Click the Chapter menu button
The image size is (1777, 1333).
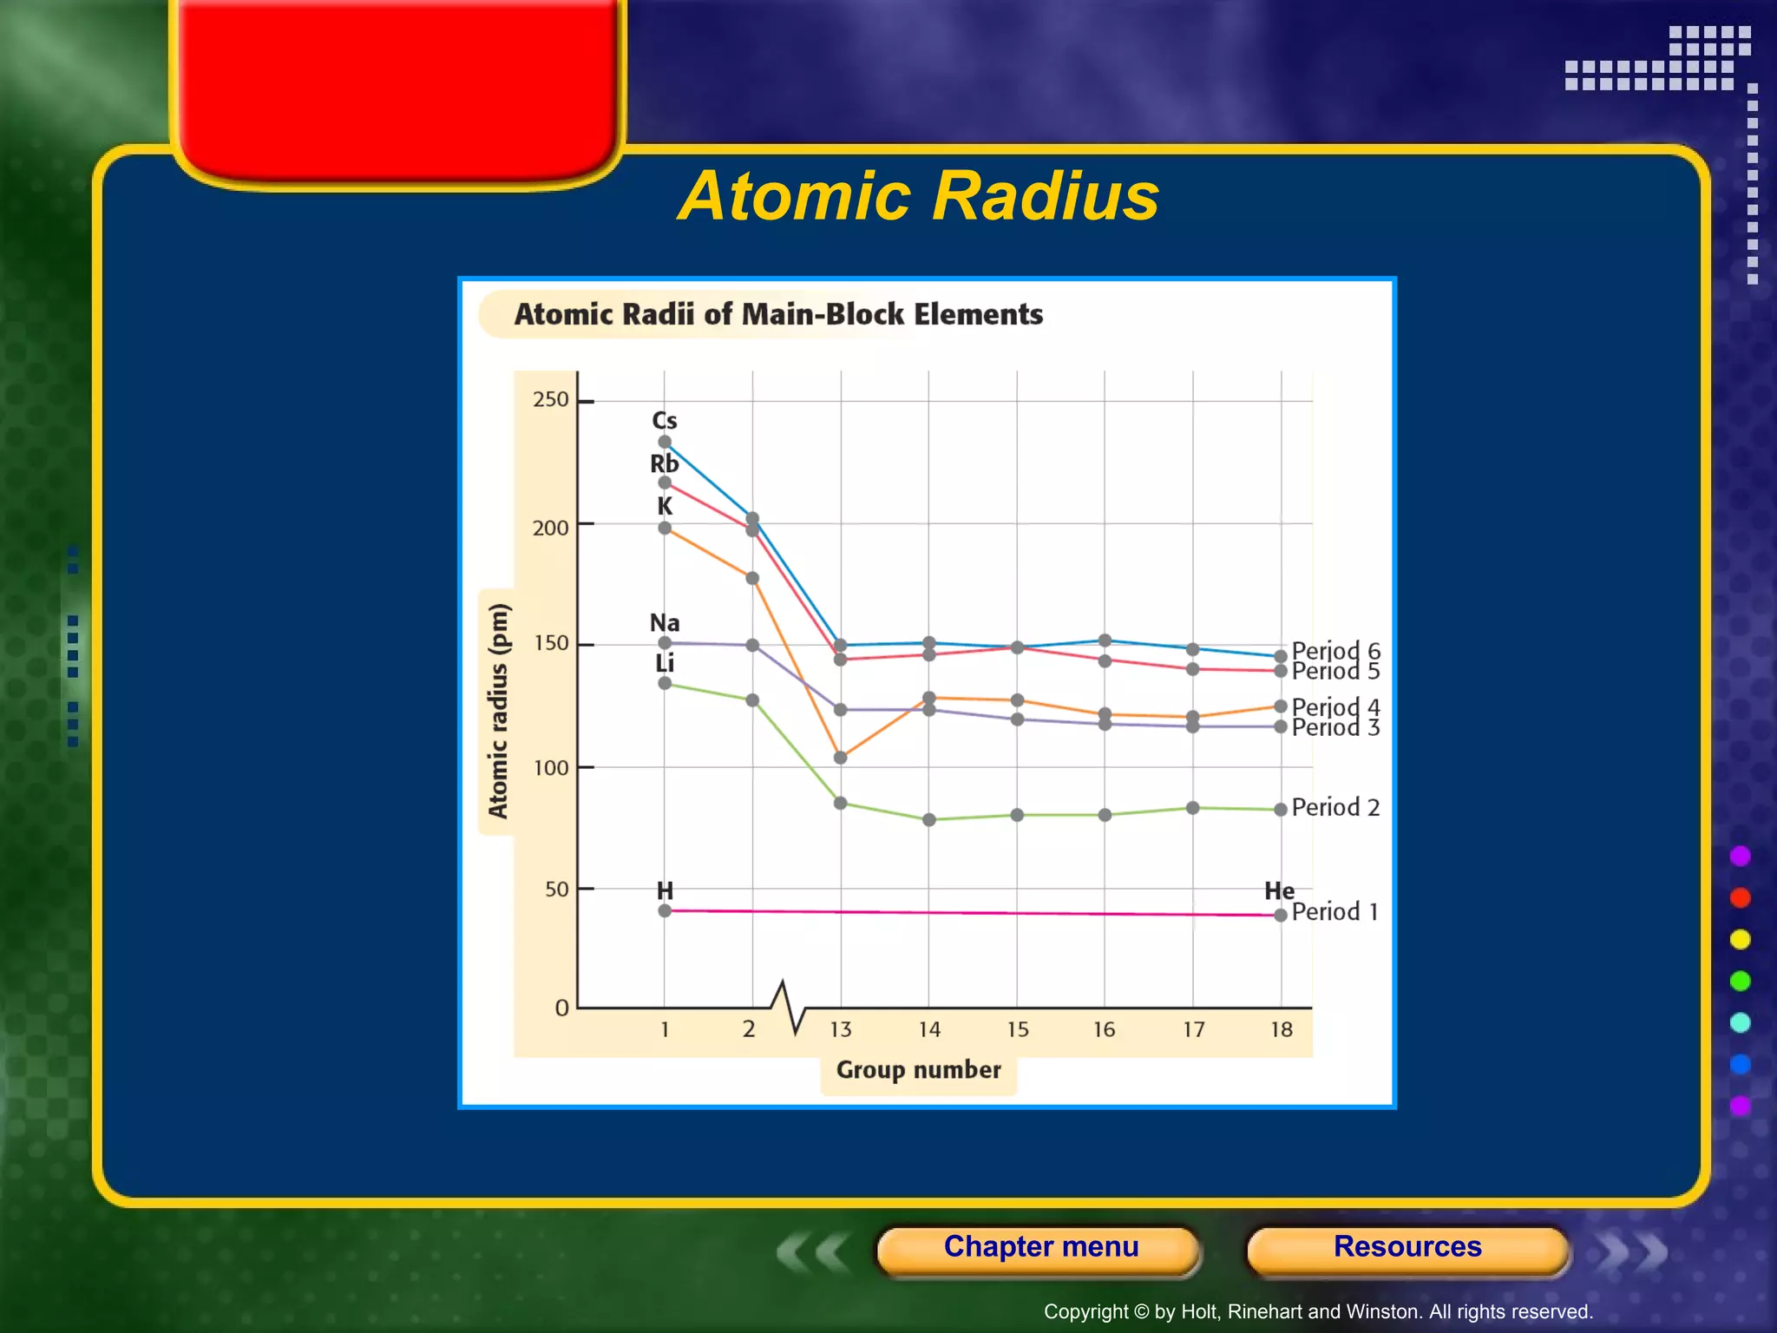(1040, 1247)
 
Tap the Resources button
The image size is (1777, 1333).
(1407, 1247)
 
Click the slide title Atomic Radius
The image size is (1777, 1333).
(918, 196)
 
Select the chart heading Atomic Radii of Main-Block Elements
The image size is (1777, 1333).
(778, 314)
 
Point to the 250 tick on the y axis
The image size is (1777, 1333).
(551, 400)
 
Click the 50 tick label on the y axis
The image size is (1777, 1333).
(556, 890)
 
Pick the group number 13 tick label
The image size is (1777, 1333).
(840, 1030)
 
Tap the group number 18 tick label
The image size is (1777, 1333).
(1282, 1030)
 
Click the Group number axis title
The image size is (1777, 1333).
(918, 1070)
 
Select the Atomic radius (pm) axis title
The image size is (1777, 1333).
(498, 711)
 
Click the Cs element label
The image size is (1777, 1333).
(665, 421)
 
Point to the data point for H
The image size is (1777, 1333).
(665, 910)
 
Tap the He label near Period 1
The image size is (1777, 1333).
(1279, 891)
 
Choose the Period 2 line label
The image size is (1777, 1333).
(1334, 808)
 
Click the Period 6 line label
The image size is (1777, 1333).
(1335, 650)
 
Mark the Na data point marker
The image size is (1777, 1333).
(665, 643)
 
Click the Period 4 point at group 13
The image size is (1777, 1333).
(840, 758)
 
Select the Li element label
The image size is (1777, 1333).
(665, 664)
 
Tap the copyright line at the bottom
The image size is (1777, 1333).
(1318, 1311)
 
